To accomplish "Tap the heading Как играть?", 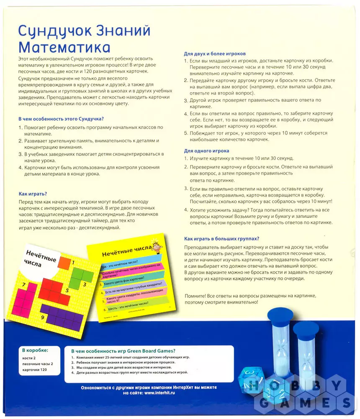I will point(33,194).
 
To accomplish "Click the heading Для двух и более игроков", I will point(215,54).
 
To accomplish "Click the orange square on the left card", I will point(64,263).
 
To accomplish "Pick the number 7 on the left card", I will point(24,285).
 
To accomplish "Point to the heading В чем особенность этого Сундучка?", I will point(61,119).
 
